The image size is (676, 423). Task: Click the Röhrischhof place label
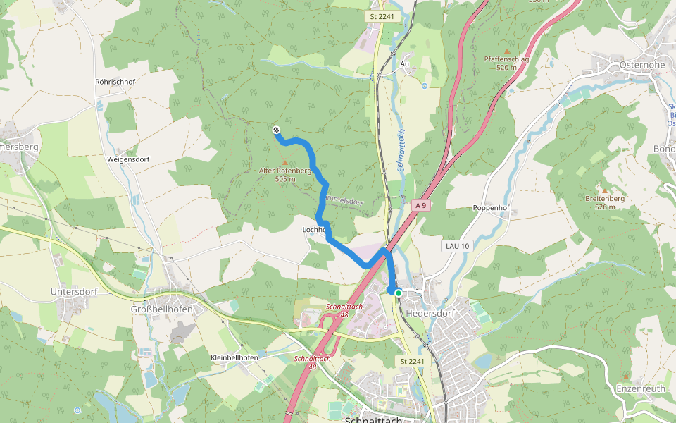(115, 82)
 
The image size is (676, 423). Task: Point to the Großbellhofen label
(162, 309)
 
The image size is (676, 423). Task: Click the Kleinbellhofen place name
(234, 358)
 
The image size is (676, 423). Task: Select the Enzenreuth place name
(639, 388)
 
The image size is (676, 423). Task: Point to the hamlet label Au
(404, 64)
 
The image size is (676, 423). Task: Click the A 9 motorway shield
(420, 205)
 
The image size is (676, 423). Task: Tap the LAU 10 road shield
(457, 246)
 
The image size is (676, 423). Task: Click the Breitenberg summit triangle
(604, 190)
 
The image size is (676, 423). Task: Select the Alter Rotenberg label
(284, 171)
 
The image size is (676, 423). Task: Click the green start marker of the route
(399, 293)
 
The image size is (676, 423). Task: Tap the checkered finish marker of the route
(276, 130)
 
